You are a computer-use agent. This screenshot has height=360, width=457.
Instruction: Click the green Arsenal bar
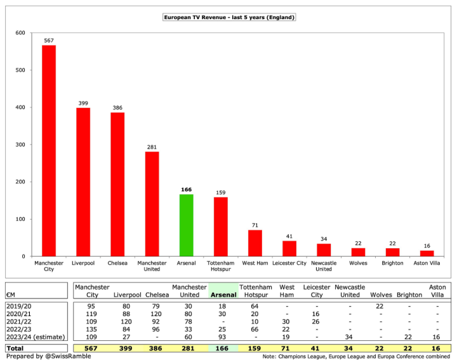coord(186,225)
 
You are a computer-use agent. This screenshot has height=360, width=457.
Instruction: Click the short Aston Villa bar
coord(427,253)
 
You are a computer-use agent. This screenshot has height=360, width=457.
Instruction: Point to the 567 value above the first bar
coord(49,40)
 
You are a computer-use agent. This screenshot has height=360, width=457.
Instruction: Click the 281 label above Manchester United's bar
coord(152,147)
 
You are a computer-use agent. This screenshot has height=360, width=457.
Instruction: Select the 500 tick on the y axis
coord(21,70)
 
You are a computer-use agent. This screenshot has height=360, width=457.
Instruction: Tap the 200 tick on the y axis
coord(21,182)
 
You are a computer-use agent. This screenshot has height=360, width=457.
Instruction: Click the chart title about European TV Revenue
coord(228,17)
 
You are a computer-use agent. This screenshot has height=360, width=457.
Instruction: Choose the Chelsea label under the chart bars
coord(117,263)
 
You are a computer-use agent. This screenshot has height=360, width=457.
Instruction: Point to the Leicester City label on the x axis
coord(289,263)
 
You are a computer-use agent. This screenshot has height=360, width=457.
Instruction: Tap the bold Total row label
coord(15,347)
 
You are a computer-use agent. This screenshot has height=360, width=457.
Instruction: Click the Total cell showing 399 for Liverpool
coord(126,347)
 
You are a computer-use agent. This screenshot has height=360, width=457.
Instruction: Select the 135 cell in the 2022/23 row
coord(91,328)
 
